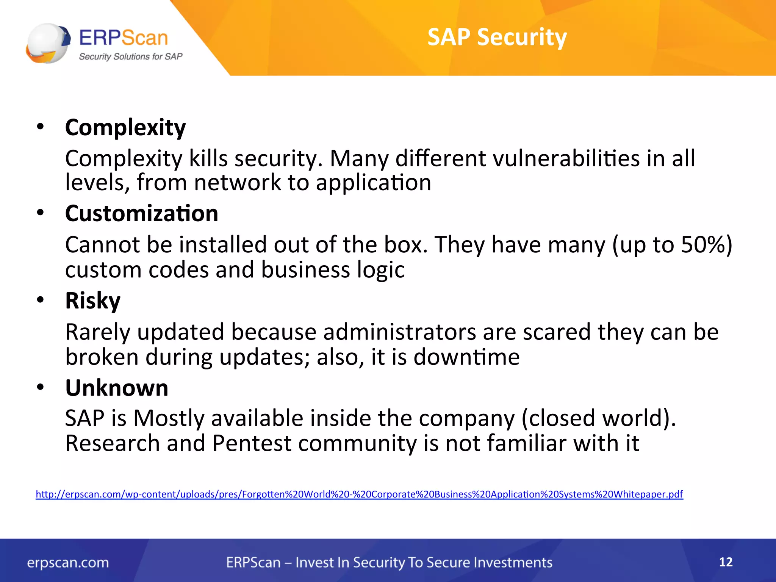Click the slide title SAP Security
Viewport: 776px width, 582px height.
[497, 37]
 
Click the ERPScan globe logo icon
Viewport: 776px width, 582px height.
[48, 43]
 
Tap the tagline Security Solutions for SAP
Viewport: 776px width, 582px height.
[130, 56]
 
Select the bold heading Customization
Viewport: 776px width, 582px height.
[141, 213]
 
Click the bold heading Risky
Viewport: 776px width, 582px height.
[92, 300]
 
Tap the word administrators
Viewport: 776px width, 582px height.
[399, 332]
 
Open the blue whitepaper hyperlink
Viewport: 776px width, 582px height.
[359, 494]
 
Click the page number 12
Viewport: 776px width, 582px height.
[726, 562]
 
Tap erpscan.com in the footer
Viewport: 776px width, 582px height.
[68, 563]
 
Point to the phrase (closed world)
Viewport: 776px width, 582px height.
[599, 418]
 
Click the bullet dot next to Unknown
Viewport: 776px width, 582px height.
[41, 388]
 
